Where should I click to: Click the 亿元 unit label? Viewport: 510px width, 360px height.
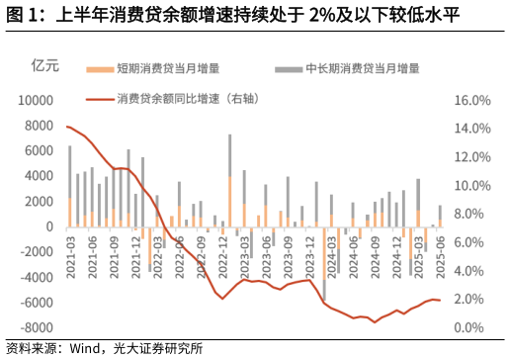pyautogui.click(x=46, y=67)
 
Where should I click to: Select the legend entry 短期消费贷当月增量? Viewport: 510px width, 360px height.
pyautogui.click(x=167, y=69)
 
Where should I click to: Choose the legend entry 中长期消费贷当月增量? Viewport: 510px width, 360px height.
pyautogui.click(x=362, y=69)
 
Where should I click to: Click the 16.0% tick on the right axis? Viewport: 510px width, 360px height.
pyautogui.click(x=472, y=101)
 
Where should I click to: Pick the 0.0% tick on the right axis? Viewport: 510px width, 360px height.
pyautogui.click(x=472, y=328)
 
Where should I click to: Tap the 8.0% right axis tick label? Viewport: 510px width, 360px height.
pyautogui.click(x=472, y=215)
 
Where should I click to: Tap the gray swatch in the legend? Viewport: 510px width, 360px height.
pyautogui.click(x=288, y=69)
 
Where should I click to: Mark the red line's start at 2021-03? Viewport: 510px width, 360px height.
pyautogui.click(x=67, y=127)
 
